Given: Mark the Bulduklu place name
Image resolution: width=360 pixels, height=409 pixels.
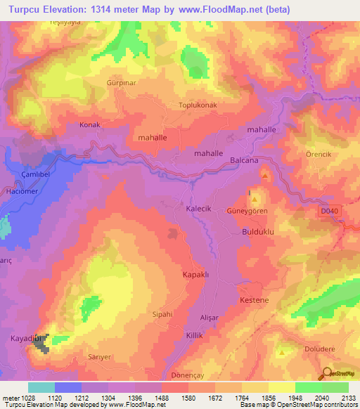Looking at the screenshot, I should pyautogui.click(x=257, y=231).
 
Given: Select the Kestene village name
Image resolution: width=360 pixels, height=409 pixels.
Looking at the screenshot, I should pyautogui.click(x=255, y=301).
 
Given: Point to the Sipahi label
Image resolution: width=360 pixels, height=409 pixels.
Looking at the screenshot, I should pyautogui.click(x=162, y=314).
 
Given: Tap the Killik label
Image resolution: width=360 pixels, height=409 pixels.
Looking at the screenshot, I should pyautogui.click(x=195, y=336).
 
